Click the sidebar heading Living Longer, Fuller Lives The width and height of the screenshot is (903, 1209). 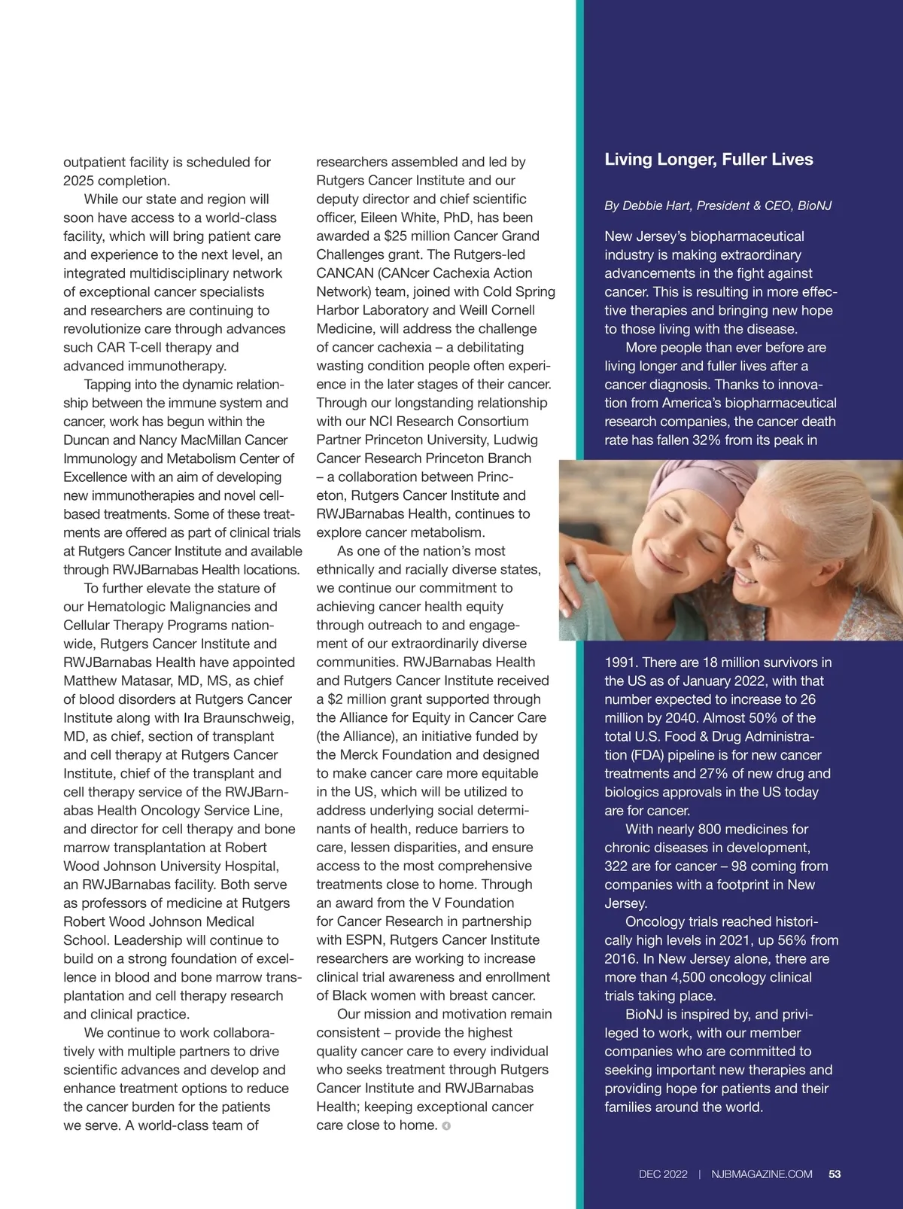(x=708, y=160)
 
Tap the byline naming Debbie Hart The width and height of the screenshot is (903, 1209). (x=717, y=206)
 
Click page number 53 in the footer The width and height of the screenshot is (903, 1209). (x=835, y=1174)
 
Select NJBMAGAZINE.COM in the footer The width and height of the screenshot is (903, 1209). (x=762, y=1174)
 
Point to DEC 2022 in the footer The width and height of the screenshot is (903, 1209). (x=663, y=1174)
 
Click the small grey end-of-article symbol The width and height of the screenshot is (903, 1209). (x=446, y=1126)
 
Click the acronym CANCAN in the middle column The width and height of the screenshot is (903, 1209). (x=342, y=273)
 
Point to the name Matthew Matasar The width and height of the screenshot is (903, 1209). (x=111, y=681)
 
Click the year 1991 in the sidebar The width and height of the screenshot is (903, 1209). (x=621, y=662)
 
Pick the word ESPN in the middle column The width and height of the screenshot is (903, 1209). (x=366, y=940)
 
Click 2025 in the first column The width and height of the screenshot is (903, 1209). (x=79, y=181)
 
